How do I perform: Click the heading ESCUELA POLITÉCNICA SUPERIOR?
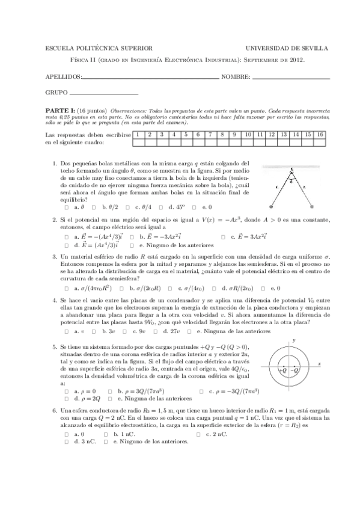pyautogui.click(x=99, y=48)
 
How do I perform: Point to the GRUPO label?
pyautogui.click(x=56, y=93)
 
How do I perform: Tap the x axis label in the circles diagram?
pyautogui.click(x=320, y=364)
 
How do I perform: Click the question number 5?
pyautogui.click(x=55, y=348)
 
